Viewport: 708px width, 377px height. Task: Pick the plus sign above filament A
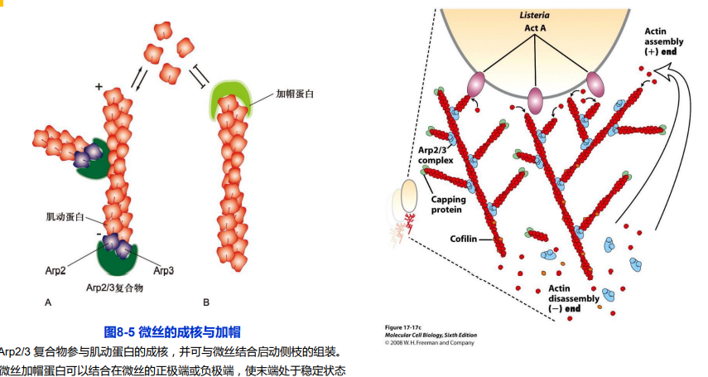coord(99,86)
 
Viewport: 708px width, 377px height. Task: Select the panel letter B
coord(206,303)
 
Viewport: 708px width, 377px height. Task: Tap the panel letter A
coord(49,303)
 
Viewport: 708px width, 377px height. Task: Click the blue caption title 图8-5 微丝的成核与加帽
coord(171,331)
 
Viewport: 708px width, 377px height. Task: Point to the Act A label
coord(535,29)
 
